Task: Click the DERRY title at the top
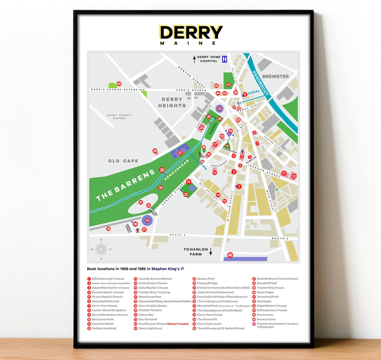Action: click(x=191, y=32)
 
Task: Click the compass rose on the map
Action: click(x=101, y=249)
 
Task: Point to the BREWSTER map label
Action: click(x=276, y=76)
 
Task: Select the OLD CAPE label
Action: click(x=123, y=161)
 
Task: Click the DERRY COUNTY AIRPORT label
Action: click(x=120, y=116)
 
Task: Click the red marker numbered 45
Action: click(x=119, y=84)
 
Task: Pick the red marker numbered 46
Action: click(x=230, y=255)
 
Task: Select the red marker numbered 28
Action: click(x=155, y=151)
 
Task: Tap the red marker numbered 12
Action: click(x=294, y=176)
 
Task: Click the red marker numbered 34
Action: click(x=147, y=221)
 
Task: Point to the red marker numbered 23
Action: click(x=219, y=109)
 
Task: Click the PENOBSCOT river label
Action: click(x=261, y=84)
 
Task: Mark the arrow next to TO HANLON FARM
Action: click(x=211, y=252)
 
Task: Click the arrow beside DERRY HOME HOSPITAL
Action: click(x=194, y=59)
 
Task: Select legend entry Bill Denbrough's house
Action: click(x=108, y=279)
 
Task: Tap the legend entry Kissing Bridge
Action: click(x=207, y=283)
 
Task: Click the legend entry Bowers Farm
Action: click(x=266, y=319)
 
